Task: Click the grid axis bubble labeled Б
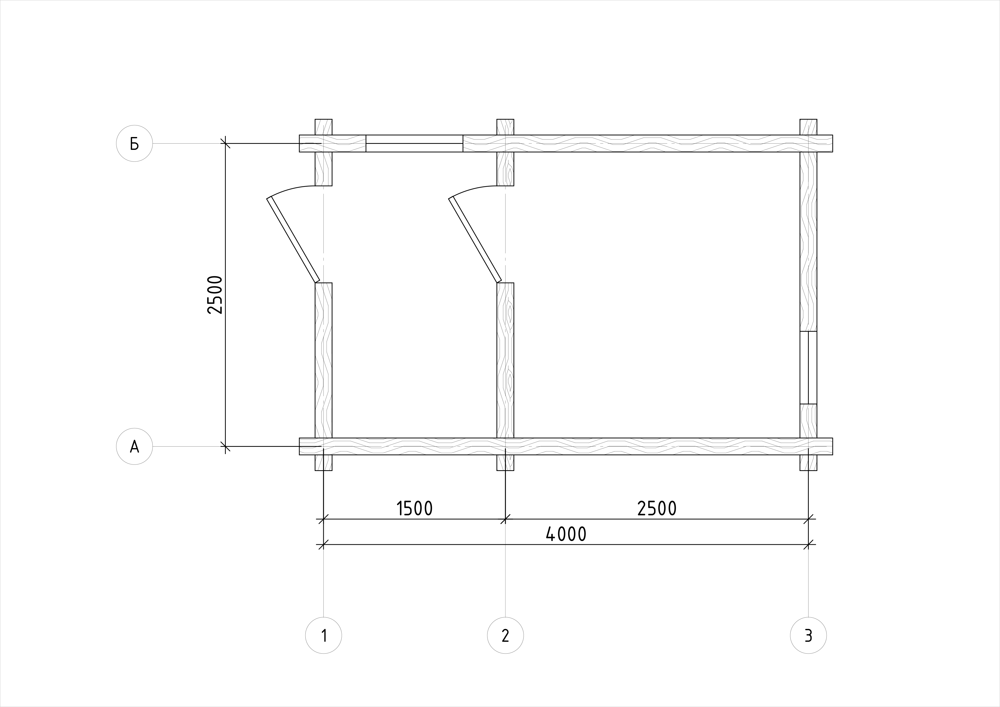pos(135,143)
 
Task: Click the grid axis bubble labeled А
pos(135,446)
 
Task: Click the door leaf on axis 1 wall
pos(293,240)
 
